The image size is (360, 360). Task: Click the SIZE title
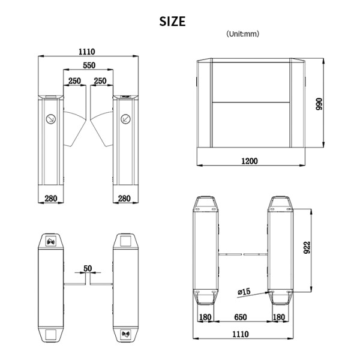(x=172, y=22)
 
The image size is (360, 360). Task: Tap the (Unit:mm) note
(x=242, y=34)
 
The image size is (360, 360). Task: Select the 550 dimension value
(x=89, y=65)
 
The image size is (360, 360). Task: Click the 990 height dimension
(x=319, y=104)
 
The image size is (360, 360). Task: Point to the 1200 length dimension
(x=250, y=161)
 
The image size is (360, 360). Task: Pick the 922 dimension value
(x=307, y=247)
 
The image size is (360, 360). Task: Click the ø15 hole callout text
(x=244, y=292)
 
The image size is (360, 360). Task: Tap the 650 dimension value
(x=241, y=317)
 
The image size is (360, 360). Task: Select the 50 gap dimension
(x=88, y=268)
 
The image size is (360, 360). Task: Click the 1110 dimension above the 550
(x=87, y=52)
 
